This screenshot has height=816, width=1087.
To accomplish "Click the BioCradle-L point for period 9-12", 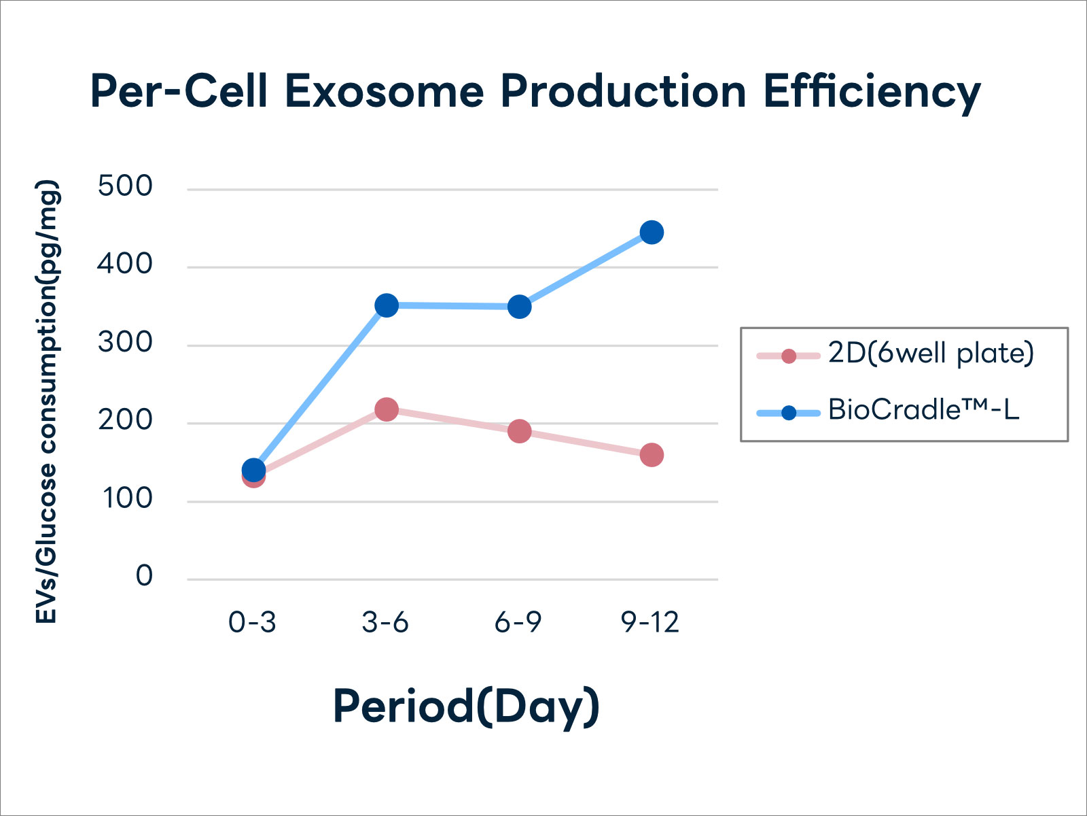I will click(652, 233).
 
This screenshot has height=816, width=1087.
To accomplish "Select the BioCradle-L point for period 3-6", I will click(386, 305).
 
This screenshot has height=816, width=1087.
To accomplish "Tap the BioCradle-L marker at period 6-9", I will click(519, 307).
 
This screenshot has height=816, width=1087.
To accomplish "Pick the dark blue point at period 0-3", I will click(253, 469).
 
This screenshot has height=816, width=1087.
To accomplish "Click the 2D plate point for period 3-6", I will click(386, 409).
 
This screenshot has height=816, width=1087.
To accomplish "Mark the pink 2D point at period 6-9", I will click(519, 431).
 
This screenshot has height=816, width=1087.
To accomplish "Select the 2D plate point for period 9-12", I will click(652, 455).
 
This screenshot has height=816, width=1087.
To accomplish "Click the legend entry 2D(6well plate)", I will click(931, 354).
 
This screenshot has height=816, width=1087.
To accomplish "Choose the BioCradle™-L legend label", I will click(923, 410).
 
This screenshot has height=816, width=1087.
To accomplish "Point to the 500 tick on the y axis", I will click(125, 186).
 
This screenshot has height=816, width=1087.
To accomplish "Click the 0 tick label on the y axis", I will click(144, 577).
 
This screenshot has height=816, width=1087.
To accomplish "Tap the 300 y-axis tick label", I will click(125, 342).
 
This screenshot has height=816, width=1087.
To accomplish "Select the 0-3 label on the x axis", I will click(252, 622).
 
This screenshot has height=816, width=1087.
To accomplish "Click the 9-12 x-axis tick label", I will click(650, 622).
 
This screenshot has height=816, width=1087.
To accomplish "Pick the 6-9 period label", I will click(518, 622).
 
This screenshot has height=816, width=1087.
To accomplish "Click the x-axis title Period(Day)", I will click(466, 707).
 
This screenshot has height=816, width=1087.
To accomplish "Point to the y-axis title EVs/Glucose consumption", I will click(48, 401).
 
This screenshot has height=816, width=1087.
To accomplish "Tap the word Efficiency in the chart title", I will click(872, 92).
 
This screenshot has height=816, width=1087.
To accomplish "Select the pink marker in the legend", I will click(789, 356).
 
